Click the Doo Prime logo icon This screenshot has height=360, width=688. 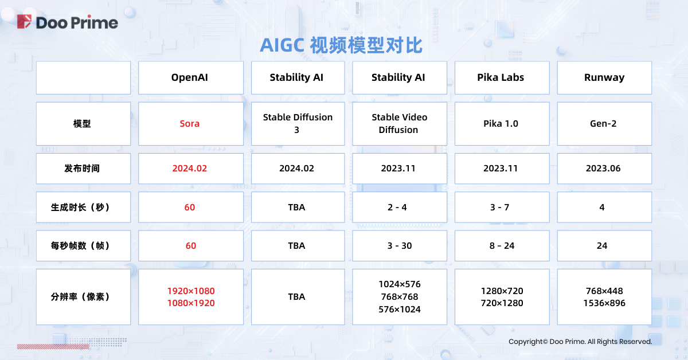[x=24, y=22]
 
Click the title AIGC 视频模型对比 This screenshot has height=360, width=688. [x=341, y=45]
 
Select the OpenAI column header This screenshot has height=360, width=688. [x=191, y=78]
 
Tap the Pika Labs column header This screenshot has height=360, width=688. [x=502, y=78]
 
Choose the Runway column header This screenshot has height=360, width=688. [x=604, y=78]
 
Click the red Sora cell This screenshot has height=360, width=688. [x=191, y=124]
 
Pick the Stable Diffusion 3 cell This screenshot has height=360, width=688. [x=298, y=124]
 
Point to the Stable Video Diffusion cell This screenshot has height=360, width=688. [x=399, y=124]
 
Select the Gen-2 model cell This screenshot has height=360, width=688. [x=604, y=124]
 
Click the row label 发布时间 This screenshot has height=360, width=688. [x=82, y=169]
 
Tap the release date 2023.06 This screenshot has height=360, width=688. [x=603, y=169]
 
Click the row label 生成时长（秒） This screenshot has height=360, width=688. [x=80, y=208]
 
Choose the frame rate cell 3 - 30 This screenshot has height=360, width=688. [x=399, y=246]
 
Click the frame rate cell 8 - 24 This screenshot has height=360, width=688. [x=502, y=246]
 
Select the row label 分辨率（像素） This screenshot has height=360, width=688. [x=80, y=297]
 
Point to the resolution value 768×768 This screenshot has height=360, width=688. [x=399, y=297]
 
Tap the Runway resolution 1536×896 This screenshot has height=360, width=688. [x=604, y=303]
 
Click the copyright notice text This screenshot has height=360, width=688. [x=580, y=342]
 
